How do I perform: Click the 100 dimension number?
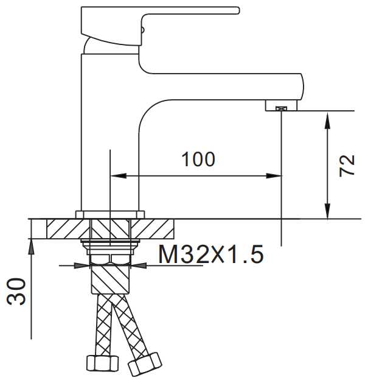(198, 160)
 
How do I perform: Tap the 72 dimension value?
(347, 166)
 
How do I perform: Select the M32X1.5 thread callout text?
(211, 254)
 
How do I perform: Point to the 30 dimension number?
(16, 292)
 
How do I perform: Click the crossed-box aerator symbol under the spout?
(282, 108)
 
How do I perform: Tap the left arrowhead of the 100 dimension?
(119, 175)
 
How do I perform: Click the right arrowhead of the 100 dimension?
(274, 175)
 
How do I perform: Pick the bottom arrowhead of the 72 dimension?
(328, 211)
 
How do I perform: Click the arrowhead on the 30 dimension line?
(31, 247)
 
